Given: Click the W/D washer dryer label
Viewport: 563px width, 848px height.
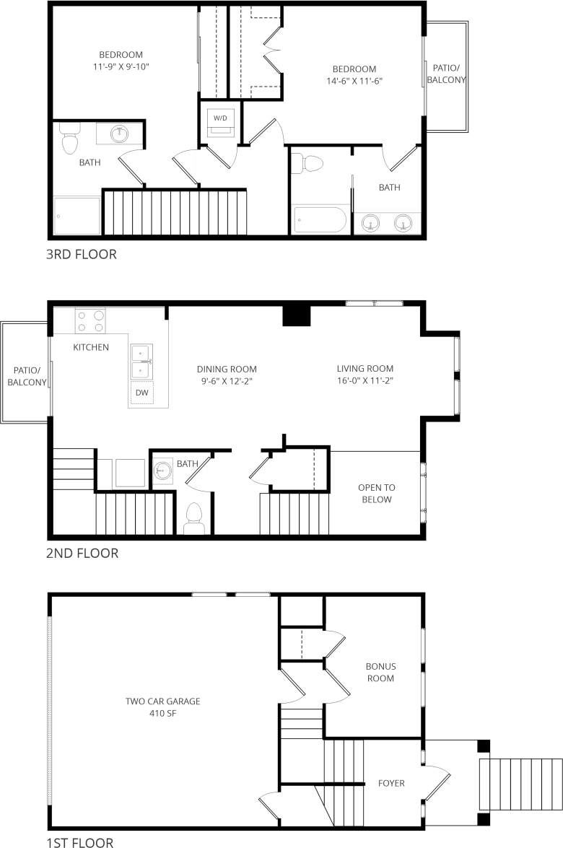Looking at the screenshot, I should coord(220,117).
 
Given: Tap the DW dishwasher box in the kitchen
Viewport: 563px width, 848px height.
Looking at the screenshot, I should coord(141,393).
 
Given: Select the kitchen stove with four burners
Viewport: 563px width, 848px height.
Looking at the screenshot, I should coord(90,320).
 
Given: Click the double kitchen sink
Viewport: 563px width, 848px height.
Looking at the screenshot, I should coord(141,361).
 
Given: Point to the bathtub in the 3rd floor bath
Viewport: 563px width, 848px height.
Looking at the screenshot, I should coord(320,219).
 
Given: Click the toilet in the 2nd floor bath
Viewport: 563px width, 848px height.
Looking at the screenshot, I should coord(193,516).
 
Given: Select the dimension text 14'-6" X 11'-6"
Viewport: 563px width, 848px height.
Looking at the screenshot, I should coord(353,82).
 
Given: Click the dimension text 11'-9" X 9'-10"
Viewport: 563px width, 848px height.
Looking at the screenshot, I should coord(121,66).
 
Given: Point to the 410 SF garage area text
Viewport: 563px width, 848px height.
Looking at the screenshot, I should coord(162,713).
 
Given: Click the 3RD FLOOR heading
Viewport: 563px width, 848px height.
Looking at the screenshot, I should coord(81,254).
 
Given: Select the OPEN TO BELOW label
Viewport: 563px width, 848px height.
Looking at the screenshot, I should coord(375,494).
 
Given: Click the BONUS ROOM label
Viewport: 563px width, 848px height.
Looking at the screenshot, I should coord(380,672).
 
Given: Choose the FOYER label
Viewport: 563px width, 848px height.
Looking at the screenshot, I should coord(391,783).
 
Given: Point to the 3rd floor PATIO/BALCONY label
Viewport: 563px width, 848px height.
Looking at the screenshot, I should coord(445,74).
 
